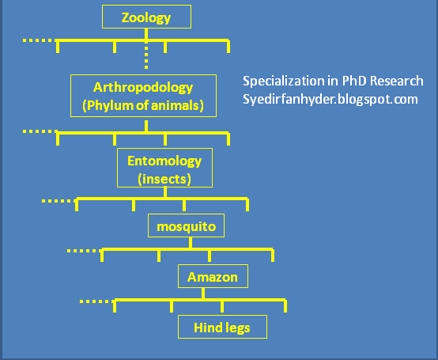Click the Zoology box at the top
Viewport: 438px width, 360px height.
147,17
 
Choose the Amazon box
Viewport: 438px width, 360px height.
213,276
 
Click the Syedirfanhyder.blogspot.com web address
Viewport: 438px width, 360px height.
330,100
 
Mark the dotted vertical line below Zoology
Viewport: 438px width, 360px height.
147,58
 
